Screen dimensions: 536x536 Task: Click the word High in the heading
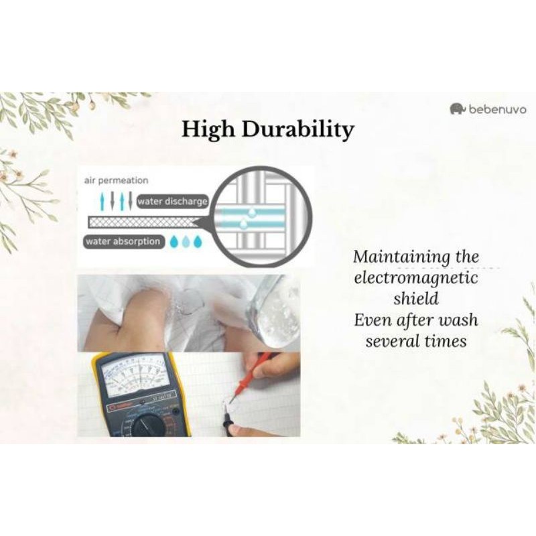(x=208, y=130)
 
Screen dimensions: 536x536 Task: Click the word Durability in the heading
(x=297, y=130)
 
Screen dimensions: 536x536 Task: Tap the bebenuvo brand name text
(x=498, y=109)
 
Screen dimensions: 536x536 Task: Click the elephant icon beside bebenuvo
(x=458, y=109)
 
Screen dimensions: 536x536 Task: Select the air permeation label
(x=116, y=180)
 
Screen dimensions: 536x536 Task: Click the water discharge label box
(x=172, y=202)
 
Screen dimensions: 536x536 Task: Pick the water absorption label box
(x=123, y=241)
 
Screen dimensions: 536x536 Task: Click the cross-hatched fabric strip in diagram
(x=142, y=222)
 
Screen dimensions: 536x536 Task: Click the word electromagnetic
(x=415, y=278)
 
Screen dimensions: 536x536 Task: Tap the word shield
(x=415, y=298)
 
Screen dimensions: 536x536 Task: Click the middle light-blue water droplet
(x=186, y=242)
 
